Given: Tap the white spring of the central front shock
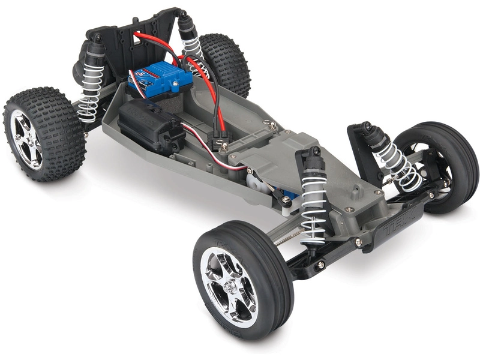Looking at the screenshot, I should coord(313,204).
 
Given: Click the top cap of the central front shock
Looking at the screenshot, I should coord(314,155).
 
